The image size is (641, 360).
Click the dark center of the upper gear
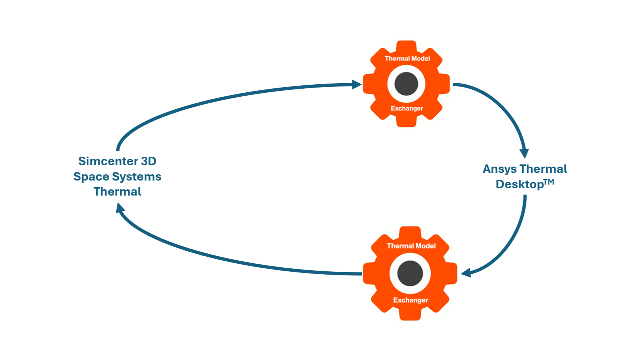tap(406, 84)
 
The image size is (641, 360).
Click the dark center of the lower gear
tap(410, 273)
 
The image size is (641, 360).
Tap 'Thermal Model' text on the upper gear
tap(407, 59)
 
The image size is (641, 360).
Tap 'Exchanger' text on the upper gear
tap(407, 108)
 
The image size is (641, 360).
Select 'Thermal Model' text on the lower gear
tap(411, 246)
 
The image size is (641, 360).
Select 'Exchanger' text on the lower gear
tap(411, 300)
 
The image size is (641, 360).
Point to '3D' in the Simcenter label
tap(149, 161)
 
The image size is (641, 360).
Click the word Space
tap(91, 177)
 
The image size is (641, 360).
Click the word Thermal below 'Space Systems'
tap(118, 192)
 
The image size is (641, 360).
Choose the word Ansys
tap(499, 169)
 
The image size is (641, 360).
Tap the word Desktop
tap(519, 184)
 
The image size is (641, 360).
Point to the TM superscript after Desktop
tap(549, 182)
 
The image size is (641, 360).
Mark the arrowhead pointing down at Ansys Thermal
tap(524, 153)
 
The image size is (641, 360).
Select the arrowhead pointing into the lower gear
tap(466, 273)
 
